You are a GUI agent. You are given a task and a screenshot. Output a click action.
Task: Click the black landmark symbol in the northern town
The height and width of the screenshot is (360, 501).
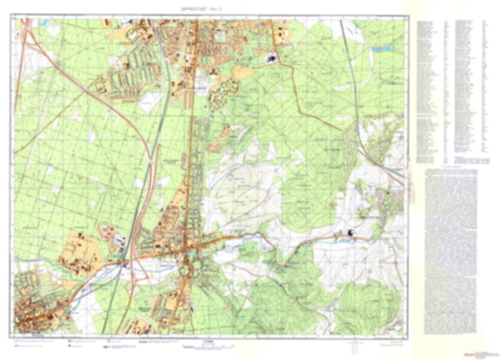pos(272,58)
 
